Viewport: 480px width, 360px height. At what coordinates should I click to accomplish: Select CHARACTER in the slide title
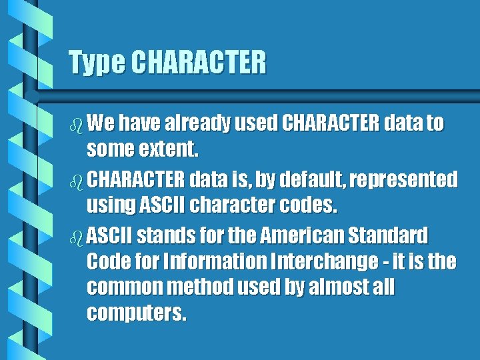(x=198, y=63)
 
